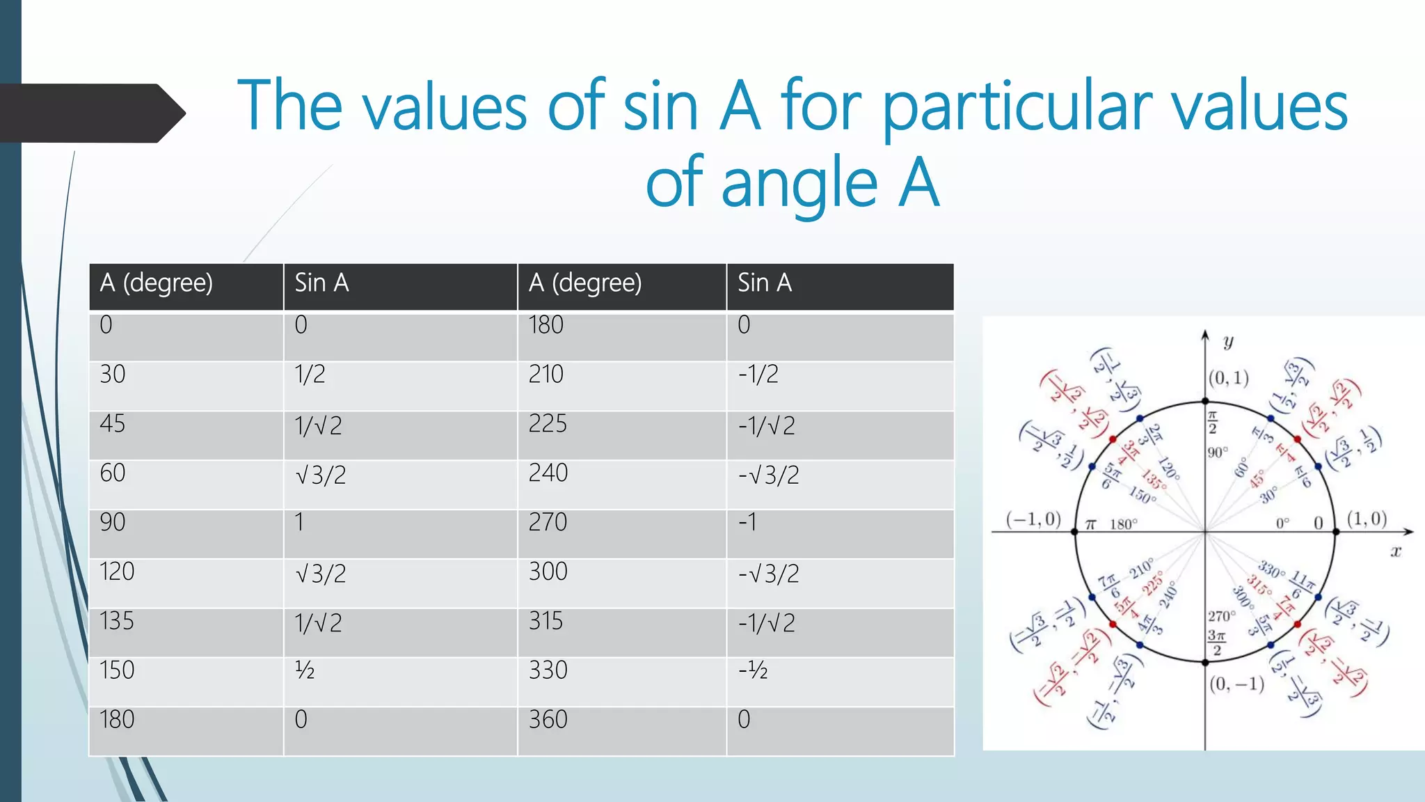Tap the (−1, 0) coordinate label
1033,519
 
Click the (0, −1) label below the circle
1236,684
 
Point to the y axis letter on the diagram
1228,341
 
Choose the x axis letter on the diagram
1395,552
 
